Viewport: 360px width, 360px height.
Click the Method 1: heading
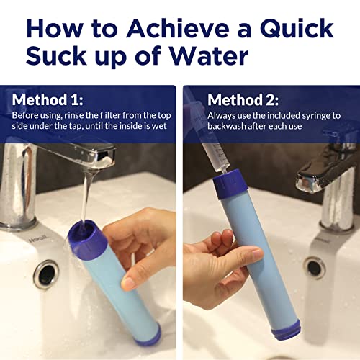pos(47,100)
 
